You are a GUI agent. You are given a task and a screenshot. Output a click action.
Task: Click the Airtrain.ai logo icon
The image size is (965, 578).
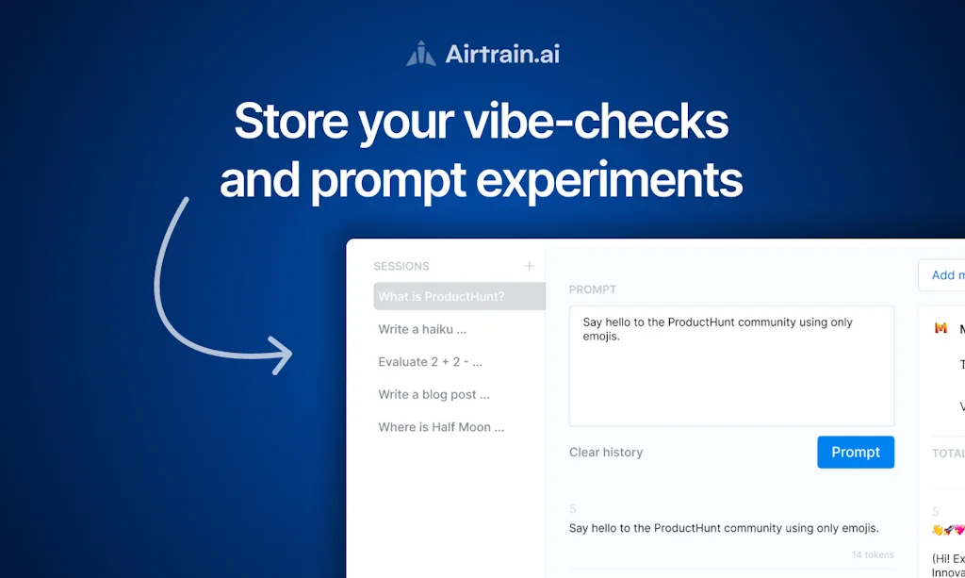pos(421,54)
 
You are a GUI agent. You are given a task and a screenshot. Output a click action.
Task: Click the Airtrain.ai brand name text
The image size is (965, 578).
pos(502,54)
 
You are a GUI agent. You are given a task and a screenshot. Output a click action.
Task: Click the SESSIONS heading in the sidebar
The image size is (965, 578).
pos(401,267)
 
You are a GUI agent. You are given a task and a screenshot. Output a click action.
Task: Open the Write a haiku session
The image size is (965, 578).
pos(422,329)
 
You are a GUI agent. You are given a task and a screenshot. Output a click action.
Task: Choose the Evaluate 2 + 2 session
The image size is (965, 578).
pos(430,362)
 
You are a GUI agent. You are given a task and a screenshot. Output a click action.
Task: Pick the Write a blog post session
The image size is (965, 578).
pos(433,394)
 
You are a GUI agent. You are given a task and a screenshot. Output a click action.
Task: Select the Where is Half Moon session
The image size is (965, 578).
pos(441,427)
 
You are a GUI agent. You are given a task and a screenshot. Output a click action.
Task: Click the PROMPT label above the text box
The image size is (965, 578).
pos(592,289)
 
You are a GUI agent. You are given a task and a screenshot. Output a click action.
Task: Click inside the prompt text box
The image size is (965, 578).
pos(731,377)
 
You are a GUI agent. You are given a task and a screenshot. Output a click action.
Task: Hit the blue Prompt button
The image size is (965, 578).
pos(855,453)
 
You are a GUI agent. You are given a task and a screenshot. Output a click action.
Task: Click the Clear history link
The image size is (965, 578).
pos(606,453)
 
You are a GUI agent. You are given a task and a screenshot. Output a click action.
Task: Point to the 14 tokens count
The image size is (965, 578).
pos(872,554)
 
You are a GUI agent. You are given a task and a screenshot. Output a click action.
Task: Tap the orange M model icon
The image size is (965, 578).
pos(940,328)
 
